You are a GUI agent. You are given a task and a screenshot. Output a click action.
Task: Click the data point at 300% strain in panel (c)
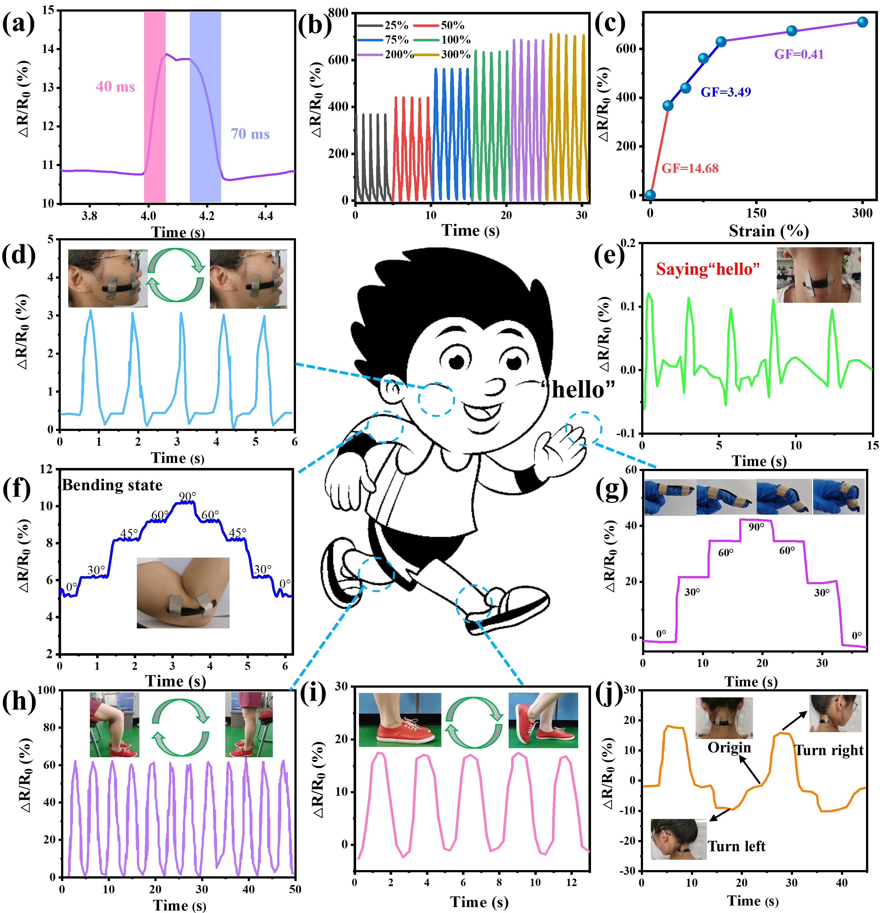coord(862,22)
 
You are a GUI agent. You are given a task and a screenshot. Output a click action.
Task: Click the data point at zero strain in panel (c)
coord(650,195)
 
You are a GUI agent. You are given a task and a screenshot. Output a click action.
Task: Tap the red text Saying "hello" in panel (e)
coord(708,269)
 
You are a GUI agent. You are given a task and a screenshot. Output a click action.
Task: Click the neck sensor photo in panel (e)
coord(818,275)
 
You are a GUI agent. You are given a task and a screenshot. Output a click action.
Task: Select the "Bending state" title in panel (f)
coord(112,485)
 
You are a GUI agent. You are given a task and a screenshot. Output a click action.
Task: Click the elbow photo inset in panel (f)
coord(183,592)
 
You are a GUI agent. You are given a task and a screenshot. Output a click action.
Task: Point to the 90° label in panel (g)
coord(756,527)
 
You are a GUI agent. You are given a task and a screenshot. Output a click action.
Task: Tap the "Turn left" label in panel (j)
coord(736,846)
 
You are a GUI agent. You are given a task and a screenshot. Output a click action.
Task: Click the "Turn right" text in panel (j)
coord(829,750)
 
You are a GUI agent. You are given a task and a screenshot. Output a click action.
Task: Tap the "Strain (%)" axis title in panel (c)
coord(768,231)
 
